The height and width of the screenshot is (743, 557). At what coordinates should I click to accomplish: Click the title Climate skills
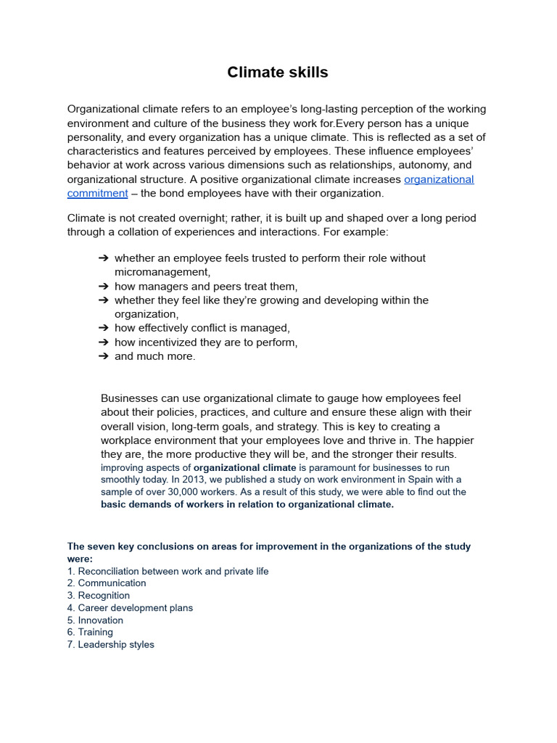tap(278, 72)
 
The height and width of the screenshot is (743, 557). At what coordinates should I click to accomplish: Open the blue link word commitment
tap(97, 193)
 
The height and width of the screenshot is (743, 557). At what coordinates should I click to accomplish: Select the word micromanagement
tap(162, 272)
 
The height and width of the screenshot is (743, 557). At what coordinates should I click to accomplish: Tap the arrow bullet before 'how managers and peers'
tap(103, 286)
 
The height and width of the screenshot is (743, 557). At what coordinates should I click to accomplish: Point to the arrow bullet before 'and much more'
tap(103, 356)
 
